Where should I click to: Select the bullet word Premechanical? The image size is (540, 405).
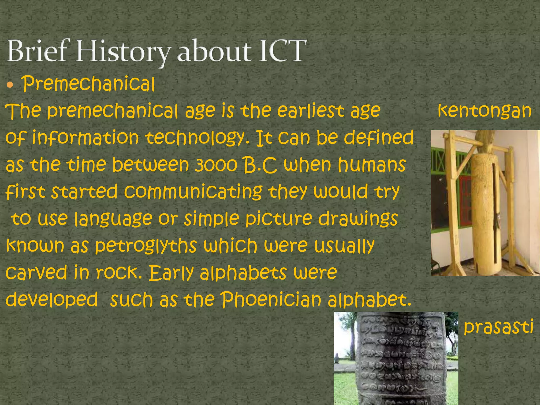[x=88, y=84]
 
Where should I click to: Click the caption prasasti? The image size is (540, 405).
[x=498, y=326]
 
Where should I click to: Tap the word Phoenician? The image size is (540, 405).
[x=271, y=300]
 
